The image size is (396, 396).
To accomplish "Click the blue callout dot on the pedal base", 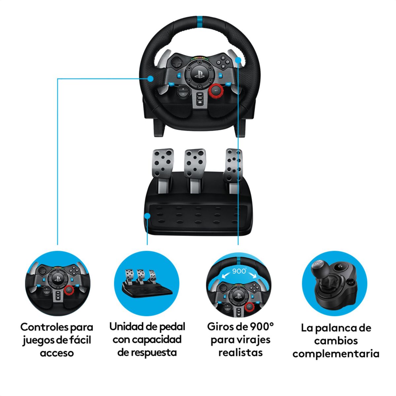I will click(147, 216).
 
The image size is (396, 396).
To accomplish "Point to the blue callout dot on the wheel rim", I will click(150, 79).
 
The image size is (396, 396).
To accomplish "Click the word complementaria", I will click(336, 354).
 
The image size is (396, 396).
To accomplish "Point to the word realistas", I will click(240, 352).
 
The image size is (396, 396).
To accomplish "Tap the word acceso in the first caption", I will click(57, 353).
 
